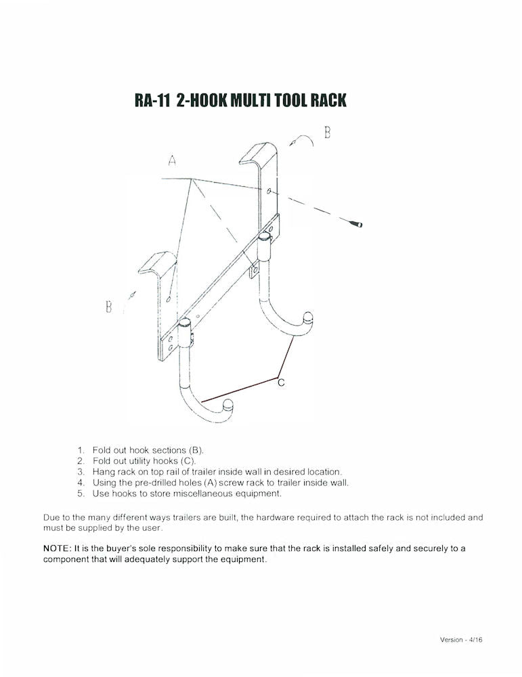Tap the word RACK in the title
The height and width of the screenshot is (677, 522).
click(x=328, y=101)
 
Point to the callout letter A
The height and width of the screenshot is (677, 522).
click(x=173, y=161)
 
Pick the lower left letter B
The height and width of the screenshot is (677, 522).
click(x=108, y=307)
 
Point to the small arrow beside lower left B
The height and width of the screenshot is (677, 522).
click(x=132, y=295)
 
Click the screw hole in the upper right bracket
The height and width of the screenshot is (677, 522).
click(x=269, y=192)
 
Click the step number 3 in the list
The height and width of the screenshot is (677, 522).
click(x=81, y=471)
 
